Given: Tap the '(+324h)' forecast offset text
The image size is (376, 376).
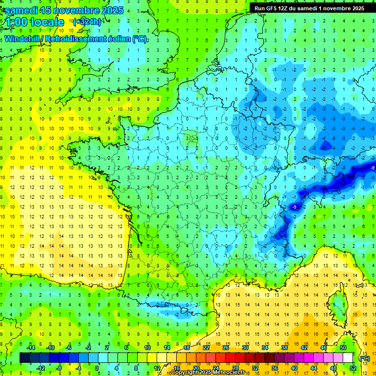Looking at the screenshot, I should (x=87, y=22).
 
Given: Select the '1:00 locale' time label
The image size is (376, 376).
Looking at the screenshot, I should (x=35, y=22).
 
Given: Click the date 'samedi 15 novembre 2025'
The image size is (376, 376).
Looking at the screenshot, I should (x=63, y=10).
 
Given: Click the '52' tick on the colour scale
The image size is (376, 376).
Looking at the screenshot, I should (x=353, y=368).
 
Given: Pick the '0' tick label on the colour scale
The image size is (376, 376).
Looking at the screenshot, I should (x=96, y=368).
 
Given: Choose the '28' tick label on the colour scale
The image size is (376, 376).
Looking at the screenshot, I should (x=235, y=368).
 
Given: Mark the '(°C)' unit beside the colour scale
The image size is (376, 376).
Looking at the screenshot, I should (x=364, y=358).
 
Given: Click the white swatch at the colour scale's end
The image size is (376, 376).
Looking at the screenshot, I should (x=348, y=358).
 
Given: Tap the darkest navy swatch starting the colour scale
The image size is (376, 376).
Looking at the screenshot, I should (x=24, y=358).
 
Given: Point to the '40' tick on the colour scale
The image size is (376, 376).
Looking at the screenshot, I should (x=294, y=368).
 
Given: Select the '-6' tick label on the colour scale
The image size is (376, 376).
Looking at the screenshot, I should (x=69, y=348).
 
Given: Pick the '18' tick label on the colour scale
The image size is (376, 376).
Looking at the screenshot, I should (x=187, y=348).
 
